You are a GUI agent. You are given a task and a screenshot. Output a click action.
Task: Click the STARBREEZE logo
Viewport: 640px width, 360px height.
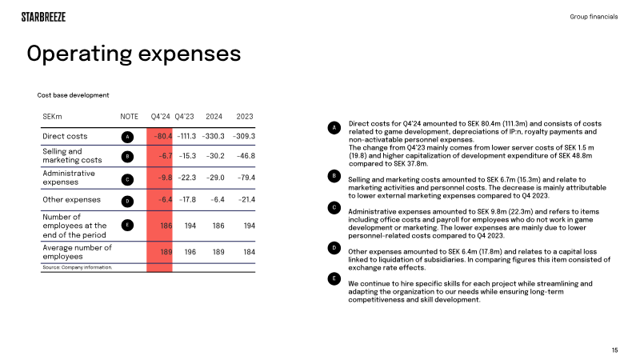(x=43, y=17)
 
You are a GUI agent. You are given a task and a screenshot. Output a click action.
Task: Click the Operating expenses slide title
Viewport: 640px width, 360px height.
(x=134, y=54)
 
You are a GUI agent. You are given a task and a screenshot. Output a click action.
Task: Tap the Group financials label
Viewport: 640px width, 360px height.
(x=594, y=17)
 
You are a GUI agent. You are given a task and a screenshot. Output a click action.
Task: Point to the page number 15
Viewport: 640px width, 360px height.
(x=614, y=350)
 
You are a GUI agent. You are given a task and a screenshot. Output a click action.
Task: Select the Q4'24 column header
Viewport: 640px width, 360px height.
(x=161, y=117)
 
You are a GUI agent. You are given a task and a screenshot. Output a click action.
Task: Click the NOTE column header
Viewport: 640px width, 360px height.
(x=129, y=117)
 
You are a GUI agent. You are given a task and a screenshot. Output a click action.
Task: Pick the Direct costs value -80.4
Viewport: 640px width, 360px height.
(x=163, y=136)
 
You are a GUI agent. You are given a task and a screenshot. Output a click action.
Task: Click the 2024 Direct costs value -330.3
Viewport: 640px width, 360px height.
(x=213, y=136)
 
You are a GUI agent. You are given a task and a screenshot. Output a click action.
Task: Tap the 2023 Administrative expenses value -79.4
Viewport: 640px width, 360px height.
(x=246, y=178)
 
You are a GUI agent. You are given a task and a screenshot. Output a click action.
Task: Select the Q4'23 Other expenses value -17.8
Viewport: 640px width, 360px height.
(x=186, y=200)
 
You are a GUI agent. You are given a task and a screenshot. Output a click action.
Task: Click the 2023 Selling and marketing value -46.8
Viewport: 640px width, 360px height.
(x=246, y=156)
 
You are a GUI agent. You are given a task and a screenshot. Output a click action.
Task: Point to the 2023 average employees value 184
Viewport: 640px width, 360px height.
(x=250, y=252)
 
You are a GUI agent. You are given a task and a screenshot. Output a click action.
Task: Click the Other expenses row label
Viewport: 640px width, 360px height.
(x=71, y=199)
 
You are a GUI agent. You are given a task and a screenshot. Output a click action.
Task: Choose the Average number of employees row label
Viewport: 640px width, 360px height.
(x=77, y=252)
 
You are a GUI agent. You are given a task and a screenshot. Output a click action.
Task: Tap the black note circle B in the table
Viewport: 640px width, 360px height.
(x=127, y=157)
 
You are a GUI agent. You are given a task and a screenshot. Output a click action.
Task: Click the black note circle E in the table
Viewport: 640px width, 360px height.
(x=127, y=226)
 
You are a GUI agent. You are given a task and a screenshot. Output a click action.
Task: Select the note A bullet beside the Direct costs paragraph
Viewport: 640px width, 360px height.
(x=334, y=128)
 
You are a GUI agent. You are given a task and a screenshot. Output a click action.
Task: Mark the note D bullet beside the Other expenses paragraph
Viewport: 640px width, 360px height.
(x=334, y=248)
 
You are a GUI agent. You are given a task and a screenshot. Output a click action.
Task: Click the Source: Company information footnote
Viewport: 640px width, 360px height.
(x=77, y=267)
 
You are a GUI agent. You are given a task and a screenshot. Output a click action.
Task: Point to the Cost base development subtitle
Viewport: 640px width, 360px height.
(x=73, y=95)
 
